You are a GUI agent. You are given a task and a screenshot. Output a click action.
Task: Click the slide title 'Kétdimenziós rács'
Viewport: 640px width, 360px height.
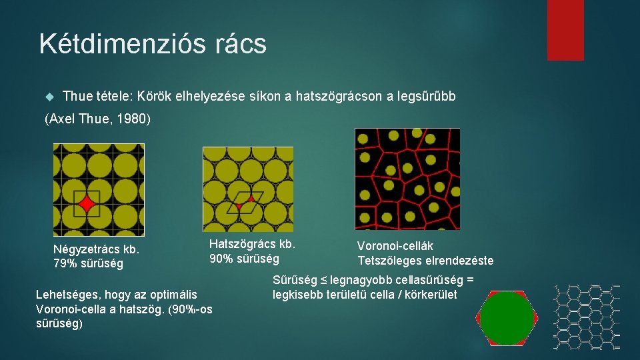[153, 44]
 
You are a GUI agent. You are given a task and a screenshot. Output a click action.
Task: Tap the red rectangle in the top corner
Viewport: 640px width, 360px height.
[565, 29]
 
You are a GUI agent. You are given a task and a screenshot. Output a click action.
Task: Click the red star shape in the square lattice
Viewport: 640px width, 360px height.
[87, 203]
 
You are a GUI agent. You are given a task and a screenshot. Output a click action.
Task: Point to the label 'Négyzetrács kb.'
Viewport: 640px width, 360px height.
[96, 250]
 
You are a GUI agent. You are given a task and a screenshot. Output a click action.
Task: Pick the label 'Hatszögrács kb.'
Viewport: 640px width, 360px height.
[252, 244]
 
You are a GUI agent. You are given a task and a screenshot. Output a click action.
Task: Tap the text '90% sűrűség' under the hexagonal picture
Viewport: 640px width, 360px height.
[244, 258]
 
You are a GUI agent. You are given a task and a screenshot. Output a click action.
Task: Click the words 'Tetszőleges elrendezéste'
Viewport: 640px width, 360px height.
[425, 260]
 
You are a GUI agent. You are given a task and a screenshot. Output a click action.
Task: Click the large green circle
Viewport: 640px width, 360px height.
[507, 319]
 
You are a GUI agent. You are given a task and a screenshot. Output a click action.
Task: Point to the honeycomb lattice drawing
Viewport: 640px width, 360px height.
[586, 317]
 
